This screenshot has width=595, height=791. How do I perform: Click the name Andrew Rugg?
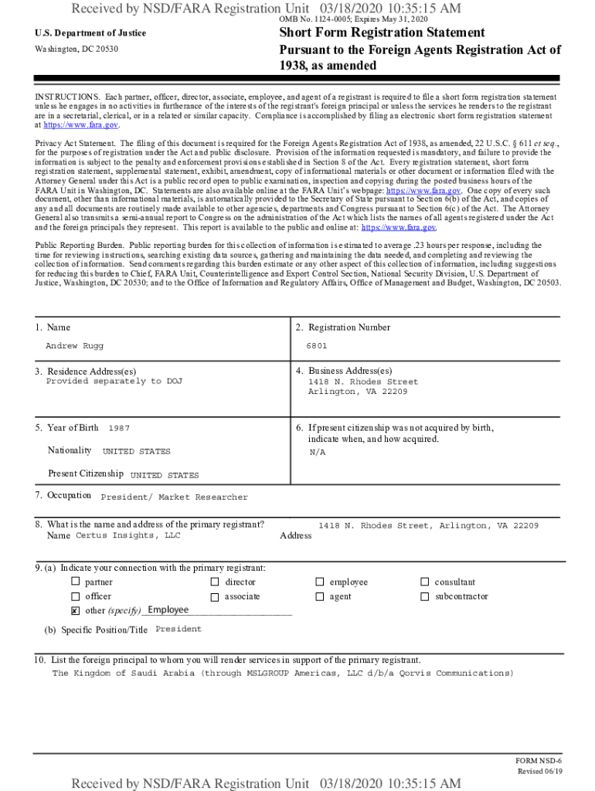[x=74, y=346]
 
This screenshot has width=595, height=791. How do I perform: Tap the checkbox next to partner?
[x=76, y=582]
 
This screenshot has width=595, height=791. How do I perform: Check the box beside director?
[x=215, y=582]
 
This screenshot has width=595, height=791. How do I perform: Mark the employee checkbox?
[x=320, y=582]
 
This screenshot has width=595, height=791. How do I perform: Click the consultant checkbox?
[x=424, y=582]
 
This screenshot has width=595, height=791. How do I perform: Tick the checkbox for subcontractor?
[x=424, y=596]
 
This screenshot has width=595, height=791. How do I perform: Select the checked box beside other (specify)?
[x=76, y=611]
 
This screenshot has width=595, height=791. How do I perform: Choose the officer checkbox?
[x=76, y=596]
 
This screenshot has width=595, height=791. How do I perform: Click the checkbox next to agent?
[x=320, y=596]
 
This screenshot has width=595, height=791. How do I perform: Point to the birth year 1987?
[x=119, y=428]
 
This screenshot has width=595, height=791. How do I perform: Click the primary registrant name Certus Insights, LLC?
[x=127, y=535]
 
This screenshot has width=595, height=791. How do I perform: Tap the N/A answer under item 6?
[x=317, y=453]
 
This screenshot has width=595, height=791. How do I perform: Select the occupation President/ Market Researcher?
[x=175, y=497]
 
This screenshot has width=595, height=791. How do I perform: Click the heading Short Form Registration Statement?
[x=382, y=32]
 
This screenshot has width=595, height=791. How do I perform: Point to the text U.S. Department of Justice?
[x=90, y=33]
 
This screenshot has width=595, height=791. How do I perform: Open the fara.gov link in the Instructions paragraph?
[x=80, y=124]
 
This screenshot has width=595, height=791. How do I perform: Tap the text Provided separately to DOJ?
[x=114, y=382]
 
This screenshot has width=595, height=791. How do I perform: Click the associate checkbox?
[x=215, y=596]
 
